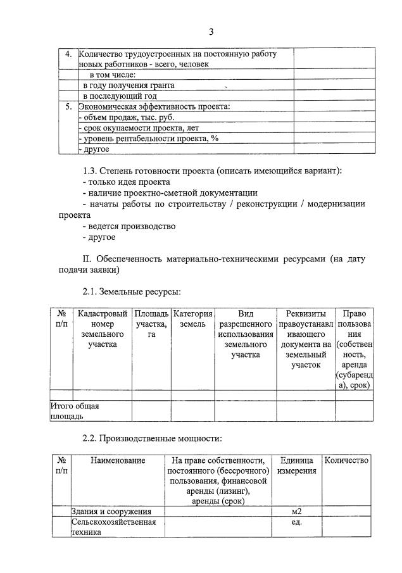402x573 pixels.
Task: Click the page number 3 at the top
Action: click(x=211, y=32)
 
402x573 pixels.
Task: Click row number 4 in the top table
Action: click(x=68, y=54)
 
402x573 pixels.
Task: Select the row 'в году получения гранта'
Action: click(x=129, y=85)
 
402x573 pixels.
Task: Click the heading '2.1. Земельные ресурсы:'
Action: click(x=132, y=292)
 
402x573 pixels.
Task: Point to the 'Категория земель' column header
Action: click(x=192, y=319)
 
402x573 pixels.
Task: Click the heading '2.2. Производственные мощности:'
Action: click(x=152, y=438)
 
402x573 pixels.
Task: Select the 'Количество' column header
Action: click(x=346, y=461)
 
